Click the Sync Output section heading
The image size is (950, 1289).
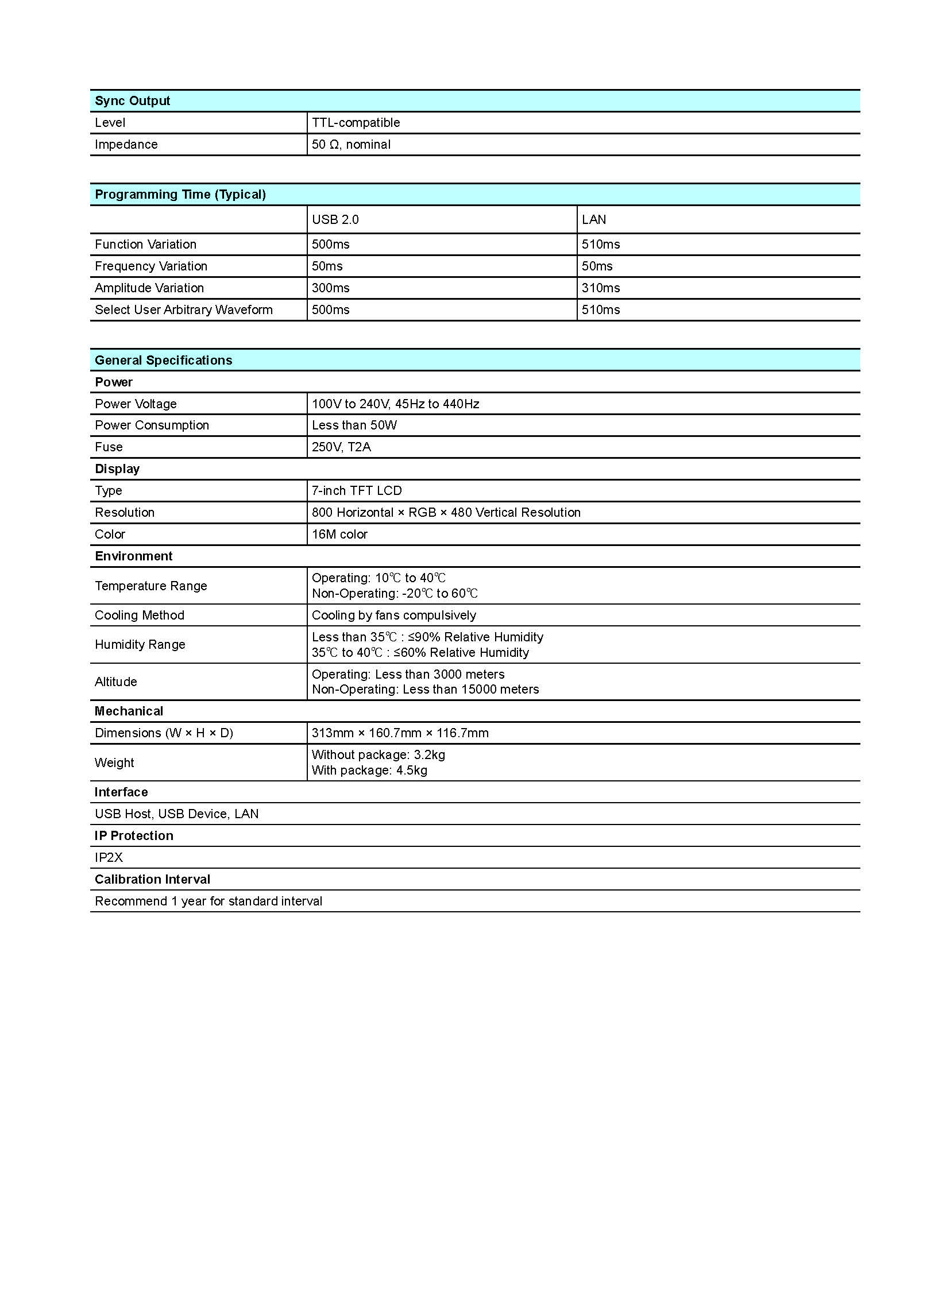132,101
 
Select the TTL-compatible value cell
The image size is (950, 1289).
356,123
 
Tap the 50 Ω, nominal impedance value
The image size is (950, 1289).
351,145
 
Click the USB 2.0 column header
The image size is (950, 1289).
335,220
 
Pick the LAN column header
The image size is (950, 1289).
593,220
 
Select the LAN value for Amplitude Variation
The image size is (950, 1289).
600,288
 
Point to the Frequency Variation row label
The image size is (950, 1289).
150,266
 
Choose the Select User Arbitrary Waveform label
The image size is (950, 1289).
183,310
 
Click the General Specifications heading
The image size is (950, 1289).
163,361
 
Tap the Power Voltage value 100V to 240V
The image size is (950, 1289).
395,404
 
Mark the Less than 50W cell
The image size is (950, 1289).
354,425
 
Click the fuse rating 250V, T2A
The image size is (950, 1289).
341,447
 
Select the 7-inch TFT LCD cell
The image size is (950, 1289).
357,491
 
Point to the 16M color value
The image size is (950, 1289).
339,535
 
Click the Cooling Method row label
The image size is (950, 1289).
139,616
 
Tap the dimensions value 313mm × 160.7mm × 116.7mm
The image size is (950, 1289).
400,733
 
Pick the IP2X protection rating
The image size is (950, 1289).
109,858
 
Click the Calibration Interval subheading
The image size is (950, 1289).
152,880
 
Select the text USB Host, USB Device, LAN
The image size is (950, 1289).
176,814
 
